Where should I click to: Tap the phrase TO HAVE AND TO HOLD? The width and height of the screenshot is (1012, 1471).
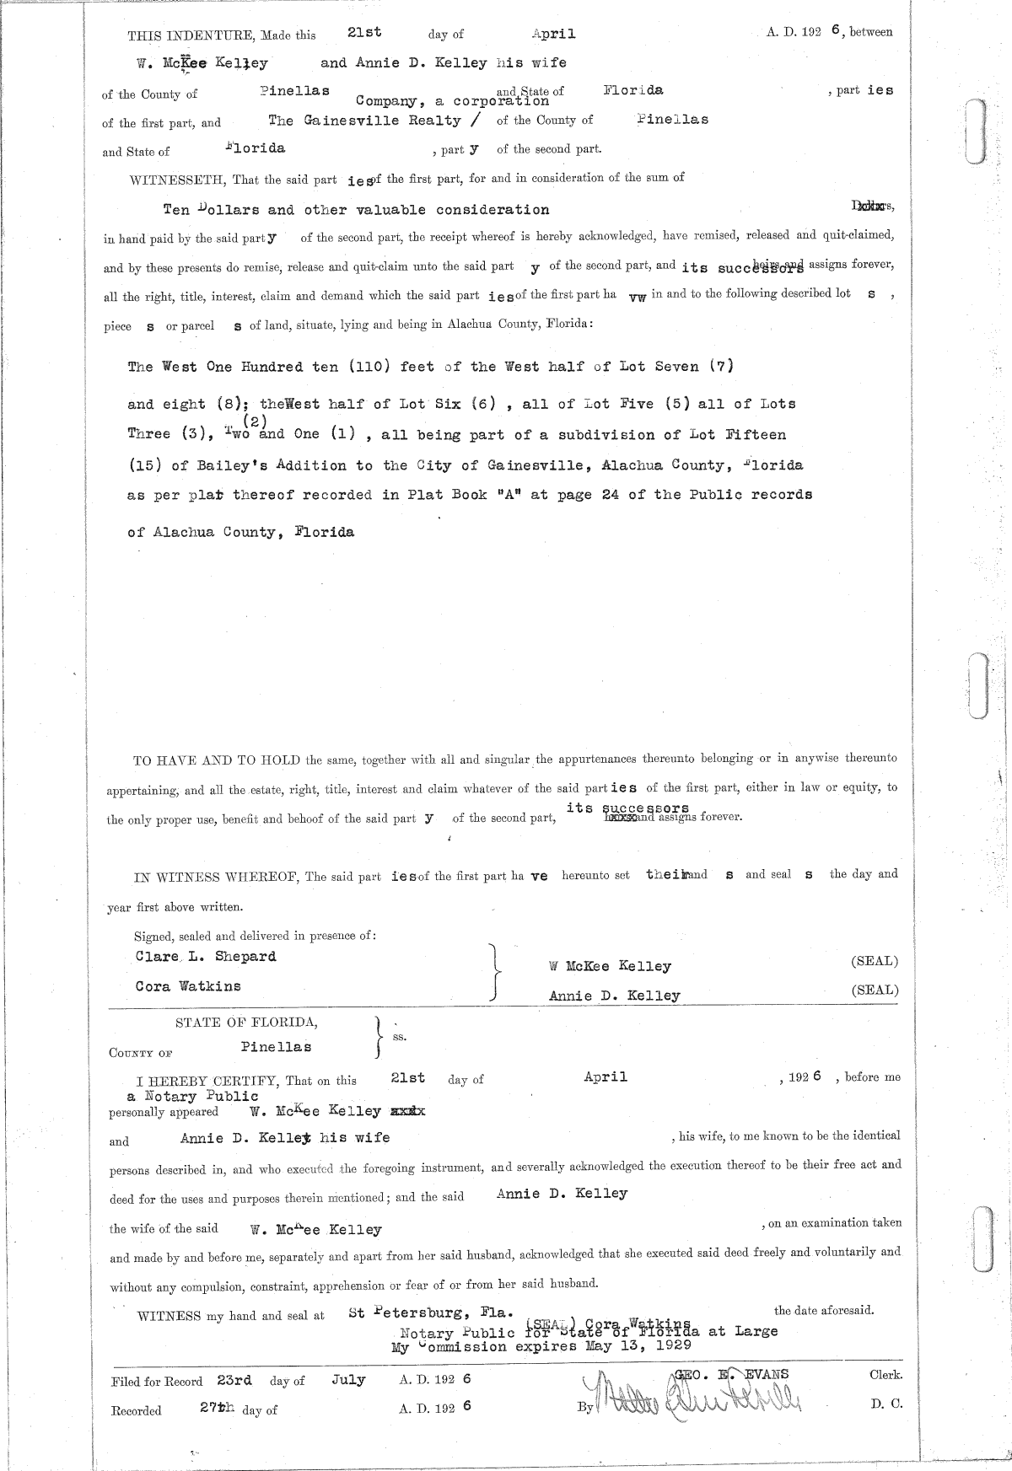coord(218,760)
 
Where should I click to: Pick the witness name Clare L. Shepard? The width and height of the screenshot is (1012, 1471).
coord(206,957)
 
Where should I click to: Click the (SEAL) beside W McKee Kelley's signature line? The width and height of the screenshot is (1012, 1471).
coord(875,962)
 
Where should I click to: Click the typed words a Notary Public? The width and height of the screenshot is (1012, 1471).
coord(192,1097)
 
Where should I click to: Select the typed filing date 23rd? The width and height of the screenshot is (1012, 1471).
coord(233,1380)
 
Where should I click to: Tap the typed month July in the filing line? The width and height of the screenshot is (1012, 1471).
coord(348,1380)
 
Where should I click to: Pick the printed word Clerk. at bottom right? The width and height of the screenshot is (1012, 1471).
coord(885,1375)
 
